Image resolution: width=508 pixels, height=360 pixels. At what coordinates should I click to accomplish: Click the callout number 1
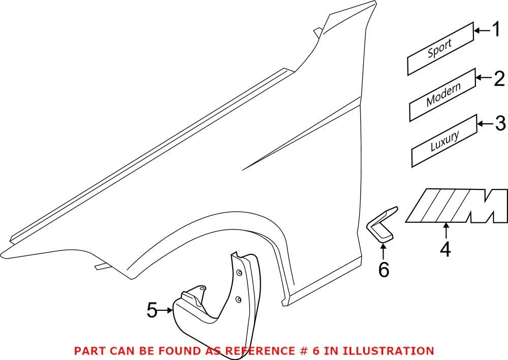[x=496, y=30]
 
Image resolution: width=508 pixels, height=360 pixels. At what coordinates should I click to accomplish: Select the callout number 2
[x=499, y=78]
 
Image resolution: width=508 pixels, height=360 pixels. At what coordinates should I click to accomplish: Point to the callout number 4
[x=446, y=249]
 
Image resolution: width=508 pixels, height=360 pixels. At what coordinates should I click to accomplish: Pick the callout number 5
[x=152, y=310]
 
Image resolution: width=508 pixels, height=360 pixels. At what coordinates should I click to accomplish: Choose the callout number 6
[x=384, y=270]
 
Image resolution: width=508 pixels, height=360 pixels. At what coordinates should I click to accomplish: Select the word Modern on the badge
[x=443, y=95]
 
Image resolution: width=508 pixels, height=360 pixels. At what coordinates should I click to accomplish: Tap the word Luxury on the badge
[x=445, y=141]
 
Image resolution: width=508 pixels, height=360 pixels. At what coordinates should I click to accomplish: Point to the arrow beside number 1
[x=483, y=30]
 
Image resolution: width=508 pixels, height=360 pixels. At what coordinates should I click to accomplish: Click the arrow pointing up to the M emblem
[x=446, y=231]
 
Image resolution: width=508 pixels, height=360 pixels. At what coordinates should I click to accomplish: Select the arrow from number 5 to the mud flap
[x=165, y=310]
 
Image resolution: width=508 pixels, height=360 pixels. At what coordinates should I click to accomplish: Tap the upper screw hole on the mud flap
[x=239, y=273]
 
